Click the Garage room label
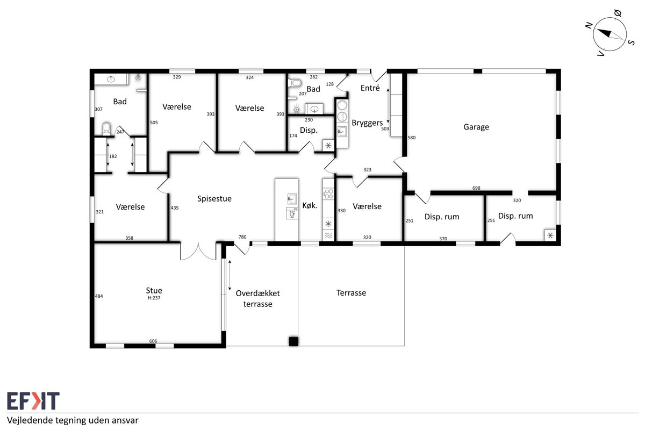[476, 127]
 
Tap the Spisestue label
[214, 199]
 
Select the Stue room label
[154, 290]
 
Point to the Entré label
[370, 88]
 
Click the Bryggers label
[367, 123]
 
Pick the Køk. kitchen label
[310, 205]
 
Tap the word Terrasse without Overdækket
[351, 293]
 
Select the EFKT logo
[33, 400]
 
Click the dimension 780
[242, 236]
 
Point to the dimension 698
[476, 188]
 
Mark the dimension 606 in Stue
[153, 341]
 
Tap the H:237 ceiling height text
[154, 298]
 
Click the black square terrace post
[293, 341]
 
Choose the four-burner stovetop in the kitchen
[328, 193]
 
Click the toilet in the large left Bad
[106, 129]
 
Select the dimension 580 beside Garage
[412, 138]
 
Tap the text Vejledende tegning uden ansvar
[73, 420]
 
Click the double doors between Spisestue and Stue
[198, 251]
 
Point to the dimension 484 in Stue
[99, 296]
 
